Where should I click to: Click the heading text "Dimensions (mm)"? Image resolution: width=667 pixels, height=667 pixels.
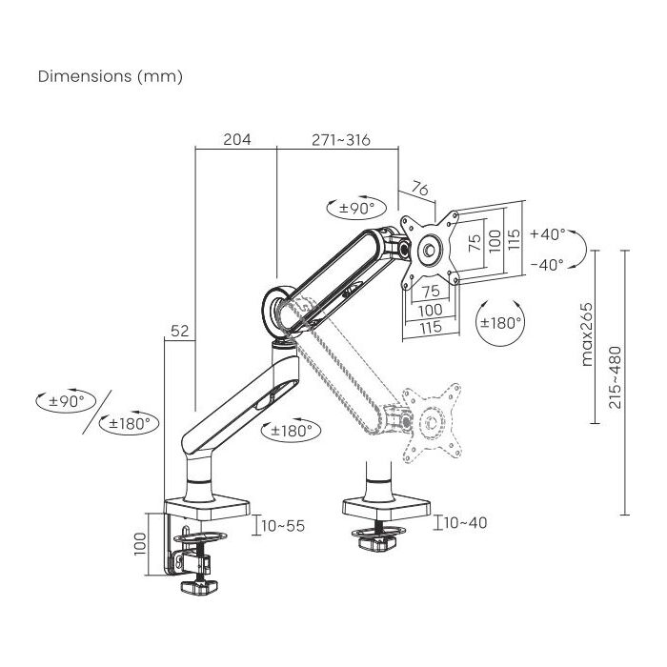(111, 76)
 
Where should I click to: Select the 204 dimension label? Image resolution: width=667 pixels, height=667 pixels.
(237, 139)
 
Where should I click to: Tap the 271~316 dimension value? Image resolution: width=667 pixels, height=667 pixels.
(341, 139)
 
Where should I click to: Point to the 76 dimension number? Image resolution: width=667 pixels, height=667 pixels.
(420, 189)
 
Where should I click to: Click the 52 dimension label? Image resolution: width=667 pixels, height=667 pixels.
(179, 331)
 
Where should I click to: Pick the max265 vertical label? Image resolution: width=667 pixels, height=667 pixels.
(587, 334)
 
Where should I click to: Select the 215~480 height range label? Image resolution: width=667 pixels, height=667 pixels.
(616, 377)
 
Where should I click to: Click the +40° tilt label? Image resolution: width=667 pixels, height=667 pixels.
(548, 234)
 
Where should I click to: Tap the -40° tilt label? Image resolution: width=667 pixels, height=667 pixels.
(547, 265)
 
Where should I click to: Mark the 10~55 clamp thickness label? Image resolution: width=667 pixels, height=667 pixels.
(283, 526)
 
